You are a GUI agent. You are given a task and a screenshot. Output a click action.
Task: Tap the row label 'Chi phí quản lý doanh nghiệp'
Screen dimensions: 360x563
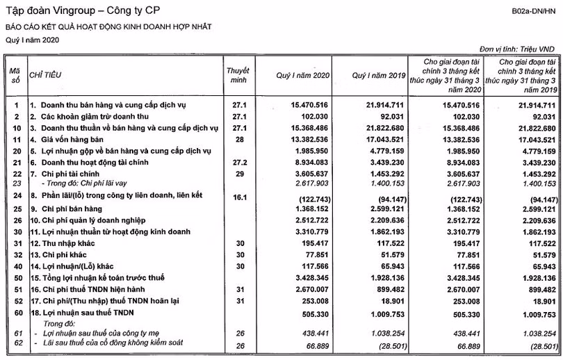pos(93,220)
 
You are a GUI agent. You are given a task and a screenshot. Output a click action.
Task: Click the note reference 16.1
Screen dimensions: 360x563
pos(239,197)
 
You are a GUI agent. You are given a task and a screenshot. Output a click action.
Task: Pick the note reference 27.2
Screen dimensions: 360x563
pos(239,163)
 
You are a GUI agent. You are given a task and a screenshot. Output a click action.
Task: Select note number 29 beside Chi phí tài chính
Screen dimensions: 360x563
pos(239,174)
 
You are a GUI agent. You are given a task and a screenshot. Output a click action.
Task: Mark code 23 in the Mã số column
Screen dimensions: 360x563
pos(15,185)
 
